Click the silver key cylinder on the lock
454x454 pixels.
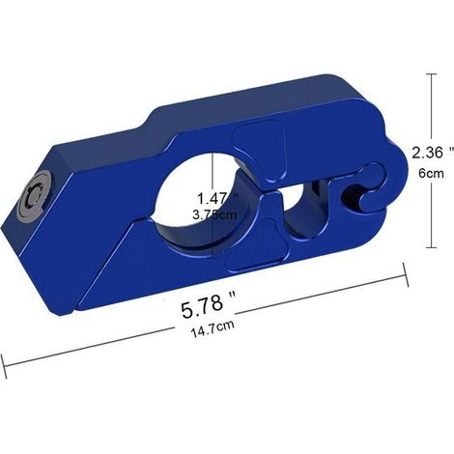[36, 197]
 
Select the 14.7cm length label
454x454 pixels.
[213, 328]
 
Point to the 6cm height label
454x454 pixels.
[431, 174]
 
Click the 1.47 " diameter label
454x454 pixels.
[218, 198]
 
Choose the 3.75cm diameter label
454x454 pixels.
[214, 214]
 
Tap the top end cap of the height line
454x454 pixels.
[432, 74]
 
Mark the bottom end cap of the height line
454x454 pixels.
[432, 247]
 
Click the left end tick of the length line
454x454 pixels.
[4, 366]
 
